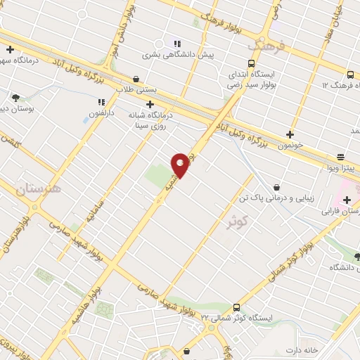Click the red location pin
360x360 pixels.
pyautogui.click(x=181, y=165)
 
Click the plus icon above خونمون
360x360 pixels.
pyautogui.click(x=290, y=134)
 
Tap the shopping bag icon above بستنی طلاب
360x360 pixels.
pyautogui.click(x=135, y=79)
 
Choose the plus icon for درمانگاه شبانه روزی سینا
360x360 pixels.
pyautogui.click(x=150, y=103)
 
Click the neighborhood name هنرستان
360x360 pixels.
pyautogui.click(x=37, y=188)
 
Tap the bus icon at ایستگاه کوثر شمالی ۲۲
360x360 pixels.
pyautogui.click(x=236, y=307)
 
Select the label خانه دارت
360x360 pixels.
pyautogui.click(x=305, y=349)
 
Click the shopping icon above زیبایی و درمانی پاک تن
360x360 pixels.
pyautogui.click(x=276, y=187)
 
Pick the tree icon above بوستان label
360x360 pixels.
pyautogui.click(x=15, y=97)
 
